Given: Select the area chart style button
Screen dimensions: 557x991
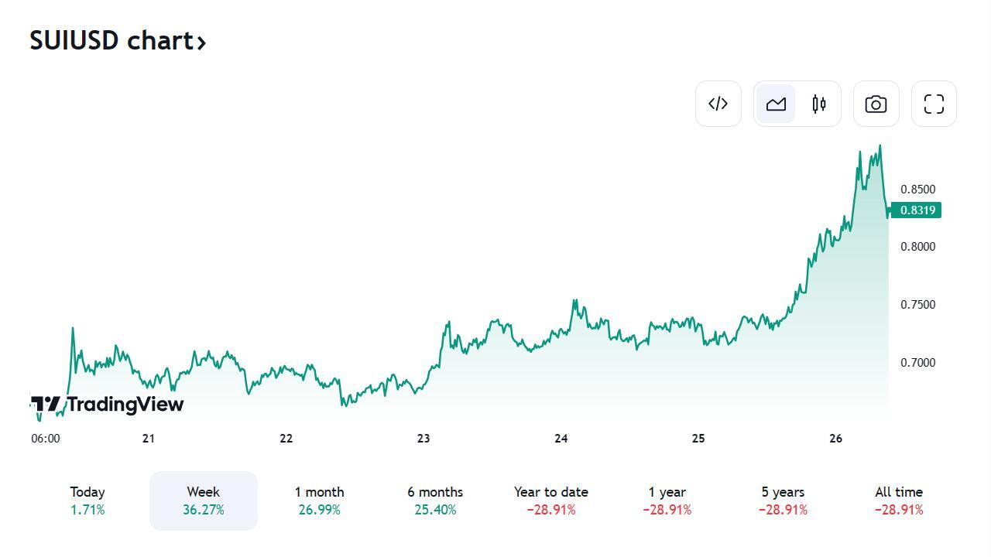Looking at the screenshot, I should tap(776, 104).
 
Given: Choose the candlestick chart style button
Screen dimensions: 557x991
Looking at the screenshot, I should tap(819, 104).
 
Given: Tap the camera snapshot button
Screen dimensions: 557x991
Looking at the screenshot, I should tap(876, 104).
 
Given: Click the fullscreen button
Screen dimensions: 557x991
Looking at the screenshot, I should tap(934, 104).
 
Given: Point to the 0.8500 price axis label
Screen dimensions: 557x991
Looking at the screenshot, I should tap(917, 190).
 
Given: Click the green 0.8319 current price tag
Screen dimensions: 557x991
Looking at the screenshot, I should tap(917, 210).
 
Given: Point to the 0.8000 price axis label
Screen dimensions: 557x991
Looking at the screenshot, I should tap(917, 247).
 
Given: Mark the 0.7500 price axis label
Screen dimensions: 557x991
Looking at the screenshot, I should tap(917, 305).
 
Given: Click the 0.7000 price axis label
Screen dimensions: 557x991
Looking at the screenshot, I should tap(917, 363).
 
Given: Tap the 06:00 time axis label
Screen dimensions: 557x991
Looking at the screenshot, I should tap(46, 439).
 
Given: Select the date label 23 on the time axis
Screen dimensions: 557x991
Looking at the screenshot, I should tap(423, 439).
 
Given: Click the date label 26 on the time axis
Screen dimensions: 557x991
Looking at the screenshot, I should tap(835, 439).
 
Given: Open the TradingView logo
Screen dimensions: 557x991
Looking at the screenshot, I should tap(108, 405).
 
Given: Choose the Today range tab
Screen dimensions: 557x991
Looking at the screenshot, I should tap(87, 501).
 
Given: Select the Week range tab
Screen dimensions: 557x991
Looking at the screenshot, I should tap(204, 501).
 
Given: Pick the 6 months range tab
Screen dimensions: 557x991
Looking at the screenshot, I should tap(435, 501).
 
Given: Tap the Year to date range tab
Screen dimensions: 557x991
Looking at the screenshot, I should tap(551, 501).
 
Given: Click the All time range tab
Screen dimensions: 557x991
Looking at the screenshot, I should tap(899, 501).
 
